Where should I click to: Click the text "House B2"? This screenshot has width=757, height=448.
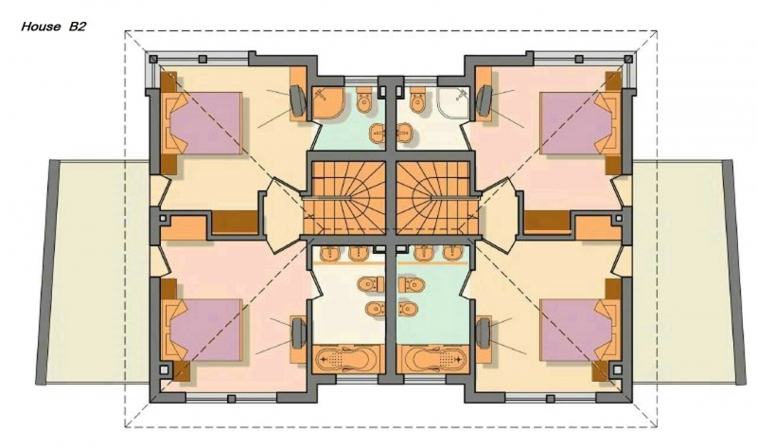[54, 27]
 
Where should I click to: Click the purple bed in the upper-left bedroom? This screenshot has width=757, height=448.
[205, 123]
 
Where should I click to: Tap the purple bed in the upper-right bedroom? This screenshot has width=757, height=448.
[576, 123]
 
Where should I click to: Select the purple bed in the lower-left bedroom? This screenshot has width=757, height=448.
[205, 330]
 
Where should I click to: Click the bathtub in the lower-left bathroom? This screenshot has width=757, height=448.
[348, 359]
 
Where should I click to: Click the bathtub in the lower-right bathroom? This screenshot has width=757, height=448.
[432, 359]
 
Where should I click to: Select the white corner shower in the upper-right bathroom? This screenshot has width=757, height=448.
[454, 102]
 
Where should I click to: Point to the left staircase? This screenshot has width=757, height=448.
[344, 198]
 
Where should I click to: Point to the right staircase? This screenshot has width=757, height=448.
[437, 198]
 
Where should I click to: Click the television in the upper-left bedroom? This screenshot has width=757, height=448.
[298, 101]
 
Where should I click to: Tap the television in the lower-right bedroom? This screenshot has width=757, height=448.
[484, 333]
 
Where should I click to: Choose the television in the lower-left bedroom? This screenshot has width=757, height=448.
[298, 333]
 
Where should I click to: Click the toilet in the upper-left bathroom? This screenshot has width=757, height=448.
[363, 101]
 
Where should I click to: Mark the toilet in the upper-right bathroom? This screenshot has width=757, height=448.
[418, 101]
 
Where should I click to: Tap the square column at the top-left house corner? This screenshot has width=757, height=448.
[153, 59]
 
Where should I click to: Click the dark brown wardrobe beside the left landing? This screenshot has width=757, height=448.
[235, 223]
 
